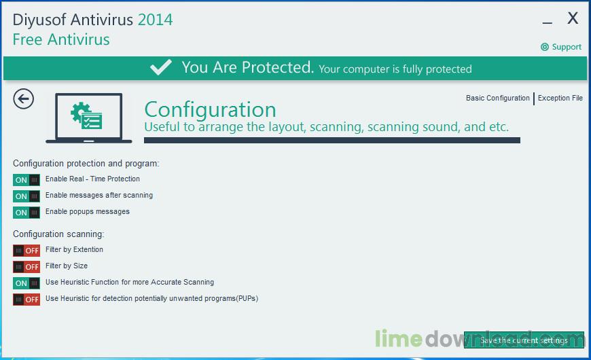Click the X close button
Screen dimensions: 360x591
coord(573,18)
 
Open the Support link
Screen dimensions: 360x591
coord(561,47)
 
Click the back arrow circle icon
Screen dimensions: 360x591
coord(23,99)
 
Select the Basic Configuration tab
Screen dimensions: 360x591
coord(497,98)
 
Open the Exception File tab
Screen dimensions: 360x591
coord(560,98)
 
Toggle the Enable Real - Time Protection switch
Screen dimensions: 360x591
coord(26,180)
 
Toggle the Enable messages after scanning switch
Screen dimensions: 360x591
coord(26,196)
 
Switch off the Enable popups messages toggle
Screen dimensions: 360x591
coord(26,213)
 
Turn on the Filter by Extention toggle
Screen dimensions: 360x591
coord(26,251)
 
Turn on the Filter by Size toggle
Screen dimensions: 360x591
coord(26,267)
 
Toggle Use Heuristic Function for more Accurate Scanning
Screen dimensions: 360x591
coord(26,283)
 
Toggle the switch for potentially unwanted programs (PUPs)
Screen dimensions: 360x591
coord(26,300)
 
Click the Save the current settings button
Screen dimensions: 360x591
coord(524,340)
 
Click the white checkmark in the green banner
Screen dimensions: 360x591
coord(161,67)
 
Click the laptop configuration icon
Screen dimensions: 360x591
coord(89,118)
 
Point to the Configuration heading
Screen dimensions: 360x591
coord(210,109)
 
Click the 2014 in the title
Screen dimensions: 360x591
coord(155,20)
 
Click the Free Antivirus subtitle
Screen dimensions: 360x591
coord(61,39)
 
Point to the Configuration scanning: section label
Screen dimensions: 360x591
coord(58,234)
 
